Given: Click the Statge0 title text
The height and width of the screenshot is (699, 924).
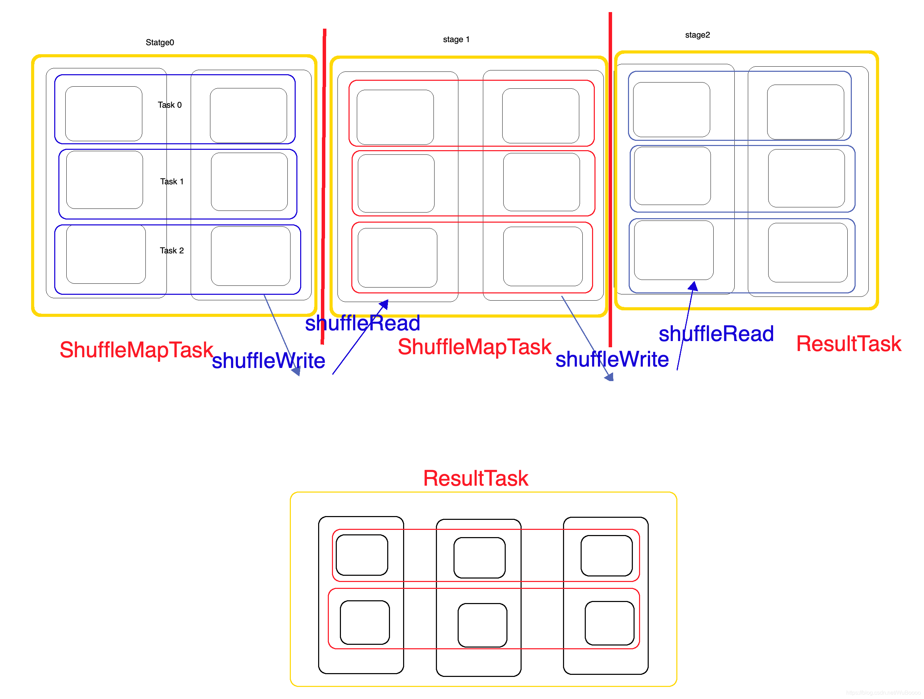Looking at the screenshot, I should tap(160, 42).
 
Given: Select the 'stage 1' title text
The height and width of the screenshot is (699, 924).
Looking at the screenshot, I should tap(456, 39).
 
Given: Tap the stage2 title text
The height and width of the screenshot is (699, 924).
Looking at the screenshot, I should tap(697, 35).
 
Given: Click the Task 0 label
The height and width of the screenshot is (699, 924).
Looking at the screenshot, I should tap(170, 105).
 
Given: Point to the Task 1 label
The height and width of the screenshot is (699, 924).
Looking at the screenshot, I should tap(172, 182).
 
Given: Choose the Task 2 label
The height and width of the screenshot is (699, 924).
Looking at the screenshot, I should tap(172, 250).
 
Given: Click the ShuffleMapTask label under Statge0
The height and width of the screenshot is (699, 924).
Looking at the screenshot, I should tap(136, 350).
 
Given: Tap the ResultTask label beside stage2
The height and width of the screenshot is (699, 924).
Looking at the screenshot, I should tap(848, 344).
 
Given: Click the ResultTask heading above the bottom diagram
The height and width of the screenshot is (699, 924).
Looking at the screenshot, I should tap(475, 478).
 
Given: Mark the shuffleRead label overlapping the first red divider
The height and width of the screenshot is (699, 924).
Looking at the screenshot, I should tap(362, 323).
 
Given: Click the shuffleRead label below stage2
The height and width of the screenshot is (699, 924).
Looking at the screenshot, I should tap(716, 334).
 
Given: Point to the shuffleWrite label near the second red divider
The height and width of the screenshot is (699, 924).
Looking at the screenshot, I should tap(612, 359).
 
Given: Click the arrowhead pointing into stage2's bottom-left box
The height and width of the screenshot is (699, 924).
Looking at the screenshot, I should tap(693, 286).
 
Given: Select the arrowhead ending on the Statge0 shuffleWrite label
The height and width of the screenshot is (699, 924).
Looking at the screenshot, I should tap(296, 371).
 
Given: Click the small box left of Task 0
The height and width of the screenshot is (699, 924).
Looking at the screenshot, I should tap(104, 114).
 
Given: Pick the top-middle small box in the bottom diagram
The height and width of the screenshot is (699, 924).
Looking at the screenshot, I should tap(479, 557).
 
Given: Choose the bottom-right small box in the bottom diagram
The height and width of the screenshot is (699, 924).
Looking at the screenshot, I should tap(609, 623).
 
